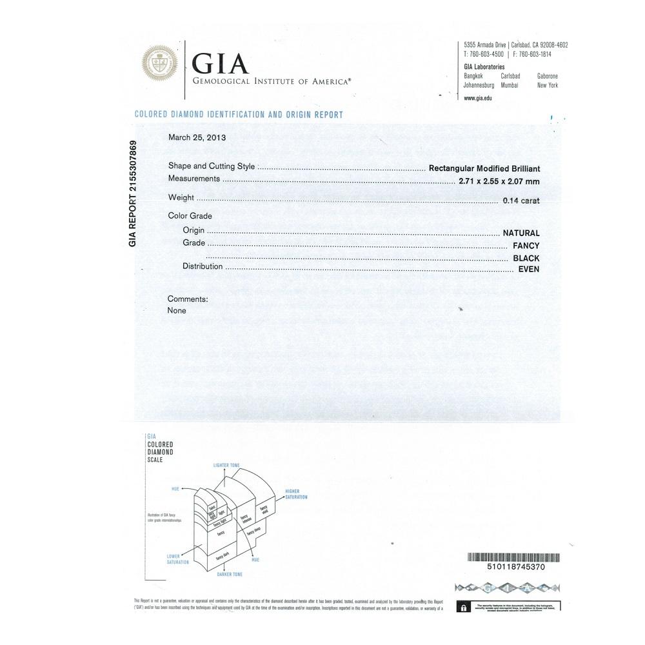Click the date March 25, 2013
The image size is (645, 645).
tap(197, 137)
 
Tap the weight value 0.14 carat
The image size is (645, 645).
tap(521, 201)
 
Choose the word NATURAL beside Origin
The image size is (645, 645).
tap(521, 233)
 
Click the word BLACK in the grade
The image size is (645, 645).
tap(526, 258)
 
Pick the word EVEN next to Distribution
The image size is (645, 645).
tap(529, 270)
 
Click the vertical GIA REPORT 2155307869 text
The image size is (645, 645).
tap(134, 193)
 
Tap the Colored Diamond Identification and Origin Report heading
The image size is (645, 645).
tap(239, 115)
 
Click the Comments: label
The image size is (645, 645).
tap(188, 299)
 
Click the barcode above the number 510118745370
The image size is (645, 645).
tap(513, 558)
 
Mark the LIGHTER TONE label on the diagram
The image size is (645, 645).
tap(226, 464)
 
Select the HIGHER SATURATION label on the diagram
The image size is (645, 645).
tap(296, 495)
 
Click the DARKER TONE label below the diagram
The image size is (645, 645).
tap(229, 573)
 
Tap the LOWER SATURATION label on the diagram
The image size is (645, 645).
tap(178, 559)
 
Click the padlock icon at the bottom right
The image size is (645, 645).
tap(464, 607)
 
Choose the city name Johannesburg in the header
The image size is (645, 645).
tap(479, 85)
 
